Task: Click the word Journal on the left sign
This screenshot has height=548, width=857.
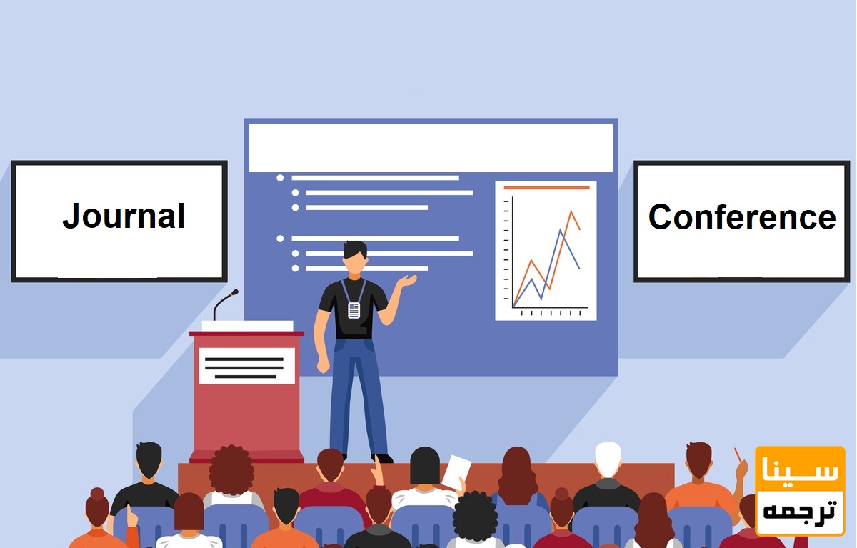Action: [124, 216]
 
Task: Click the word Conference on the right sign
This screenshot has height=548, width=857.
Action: [742, 217]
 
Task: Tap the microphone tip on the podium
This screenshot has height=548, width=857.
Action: [234, 292]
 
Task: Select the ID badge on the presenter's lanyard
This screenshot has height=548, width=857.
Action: [354, 310]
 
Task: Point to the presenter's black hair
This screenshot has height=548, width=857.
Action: [355, 249]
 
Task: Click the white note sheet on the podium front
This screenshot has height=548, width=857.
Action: [247, 366]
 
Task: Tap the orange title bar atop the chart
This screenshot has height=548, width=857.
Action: [547, 187]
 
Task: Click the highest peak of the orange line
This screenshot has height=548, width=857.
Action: [571, 211]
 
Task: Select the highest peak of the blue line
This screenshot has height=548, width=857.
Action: [561, 230]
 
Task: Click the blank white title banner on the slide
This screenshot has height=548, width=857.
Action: [431, 148]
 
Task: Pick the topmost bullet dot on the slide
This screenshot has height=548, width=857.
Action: [280, 178]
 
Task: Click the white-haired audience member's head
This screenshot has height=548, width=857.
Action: [608, 459]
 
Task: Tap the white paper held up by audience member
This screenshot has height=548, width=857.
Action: [456, 472]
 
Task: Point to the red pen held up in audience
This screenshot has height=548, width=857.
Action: [738, 454]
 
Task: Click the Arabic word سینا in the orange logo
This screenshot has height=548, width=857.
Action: [800, 469]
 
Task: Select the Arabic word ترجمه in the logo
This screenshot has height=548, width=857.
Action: [799, 512]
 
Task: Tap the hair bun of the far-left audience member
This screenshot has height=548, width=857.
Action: [97, 493]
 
